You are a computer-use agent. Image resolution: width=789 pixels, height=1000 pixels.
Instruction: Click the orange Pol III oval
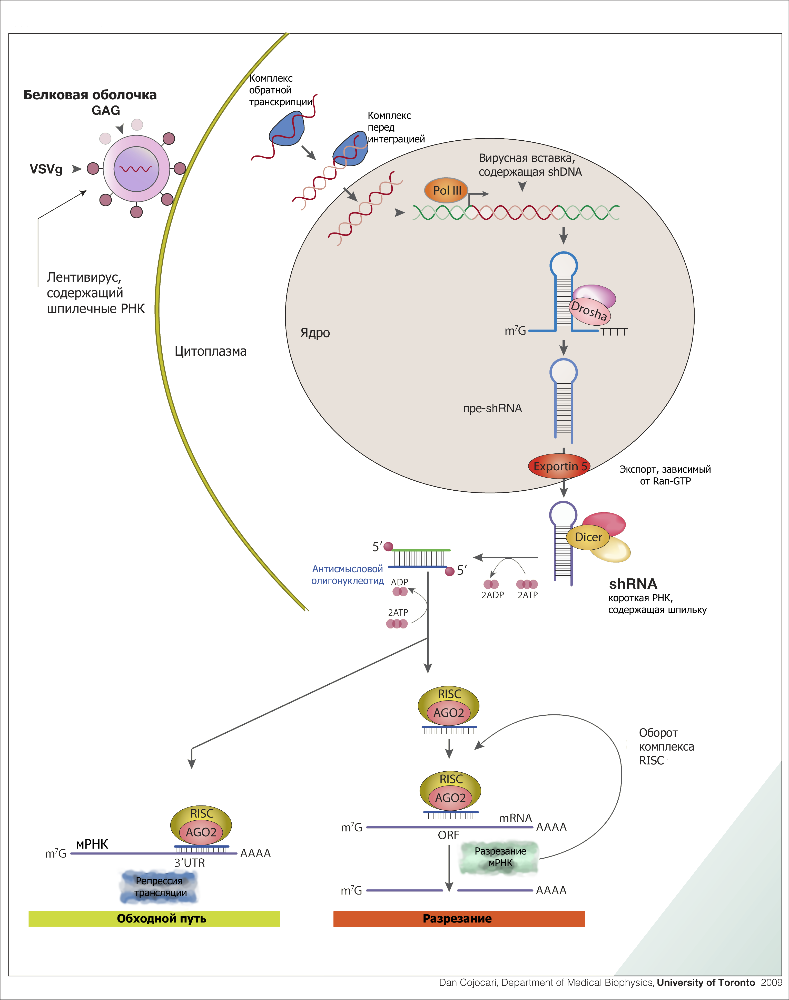point(446,190)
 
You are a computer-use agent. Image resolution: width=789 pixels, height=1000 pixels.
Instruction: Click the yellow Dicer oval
point(588,537)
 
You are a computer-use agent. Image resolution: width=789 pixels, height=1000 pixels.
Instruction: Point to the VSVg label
point(46,169)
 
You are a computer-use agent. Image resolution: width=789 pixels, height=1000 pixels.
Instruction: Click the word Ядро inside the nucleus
point(315,333)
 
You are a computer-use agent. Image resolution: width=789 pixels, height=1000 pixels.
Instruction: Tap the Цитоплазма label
point(211,351)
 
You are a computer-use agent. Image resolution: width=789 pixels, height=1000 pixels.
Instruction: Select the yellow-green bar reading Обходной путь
point(154,919)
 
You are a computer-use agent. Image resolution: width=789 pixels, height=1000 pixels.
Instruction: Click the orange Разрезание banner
point(459,919)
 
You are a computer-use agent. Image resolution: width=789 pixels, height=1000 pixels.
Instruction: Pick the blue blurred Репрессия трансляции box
point(159,887)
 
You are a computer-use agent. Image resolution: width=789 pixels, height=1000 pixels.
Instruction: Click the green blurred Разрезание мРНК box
point(500,857)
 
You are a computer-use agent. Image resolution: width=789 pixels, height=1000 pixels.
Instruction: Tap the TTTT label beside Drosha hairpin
point(614,332)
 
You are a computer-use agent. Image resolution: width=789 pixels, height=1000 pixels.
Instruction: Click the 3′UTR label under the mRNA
point(189,863)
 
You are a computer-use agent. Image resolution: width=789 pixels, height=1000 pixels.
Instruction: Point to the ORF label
point(449,835)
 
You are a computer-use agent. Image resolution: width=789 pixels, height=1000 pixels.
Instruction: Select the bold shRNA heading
point(633,584)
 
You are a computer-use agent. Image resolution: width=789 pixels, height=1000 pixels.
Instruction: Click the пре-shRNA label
point(492,409)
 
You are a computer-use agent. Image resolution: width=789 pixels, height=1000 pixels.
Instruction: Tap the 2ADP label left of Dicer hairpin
point(492,595)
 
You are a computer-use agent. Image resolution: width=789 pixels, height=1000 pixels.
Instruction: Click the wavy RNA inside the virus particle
point(135,169)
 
